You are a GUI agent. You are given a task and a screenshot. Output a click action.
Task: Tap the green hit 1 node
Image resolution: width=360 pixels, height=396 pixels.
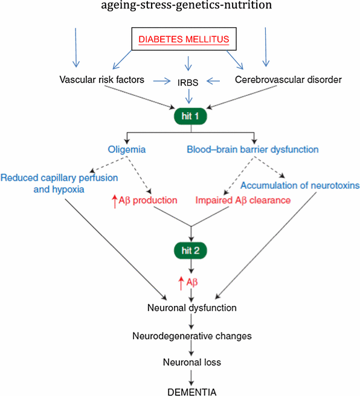[191, 114]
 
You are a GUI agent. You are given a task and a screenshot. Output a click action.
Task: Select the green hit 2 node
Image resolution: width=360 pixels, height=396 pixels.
[191, 250]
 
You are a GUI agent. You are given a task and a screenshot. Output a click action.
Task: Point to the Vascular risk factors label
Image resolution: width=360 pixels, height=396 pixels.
[101, 80]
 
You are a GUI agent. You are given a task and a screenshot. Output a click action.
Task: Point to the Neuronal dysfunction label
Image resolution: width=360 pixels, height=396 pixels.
[191, 308]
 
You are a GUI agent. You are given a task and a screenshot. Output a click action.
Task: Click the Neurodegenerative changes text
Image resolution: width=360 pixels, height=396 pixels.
[191, 335]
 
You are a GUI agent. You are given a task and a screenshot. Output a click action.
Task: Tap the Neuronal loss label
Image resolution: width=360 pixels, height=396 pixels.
[191, 363]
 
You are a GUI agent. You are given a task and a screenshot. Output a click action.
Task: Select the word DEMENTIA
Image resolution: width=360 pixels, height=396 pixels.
[191, 390]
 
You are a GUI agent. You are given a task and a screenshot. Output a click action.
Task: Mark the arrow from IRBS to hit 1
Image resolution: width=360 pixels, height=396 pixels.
[191, 96]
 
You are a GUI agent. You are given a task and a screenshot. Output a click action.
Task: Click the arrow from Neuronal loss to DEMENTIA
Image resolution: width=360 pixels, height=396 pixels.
[191, 376]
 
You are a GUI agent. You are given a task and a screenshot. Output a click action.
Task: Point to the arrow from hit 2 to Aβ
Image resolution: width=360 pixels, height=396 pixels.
[191, 266]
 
